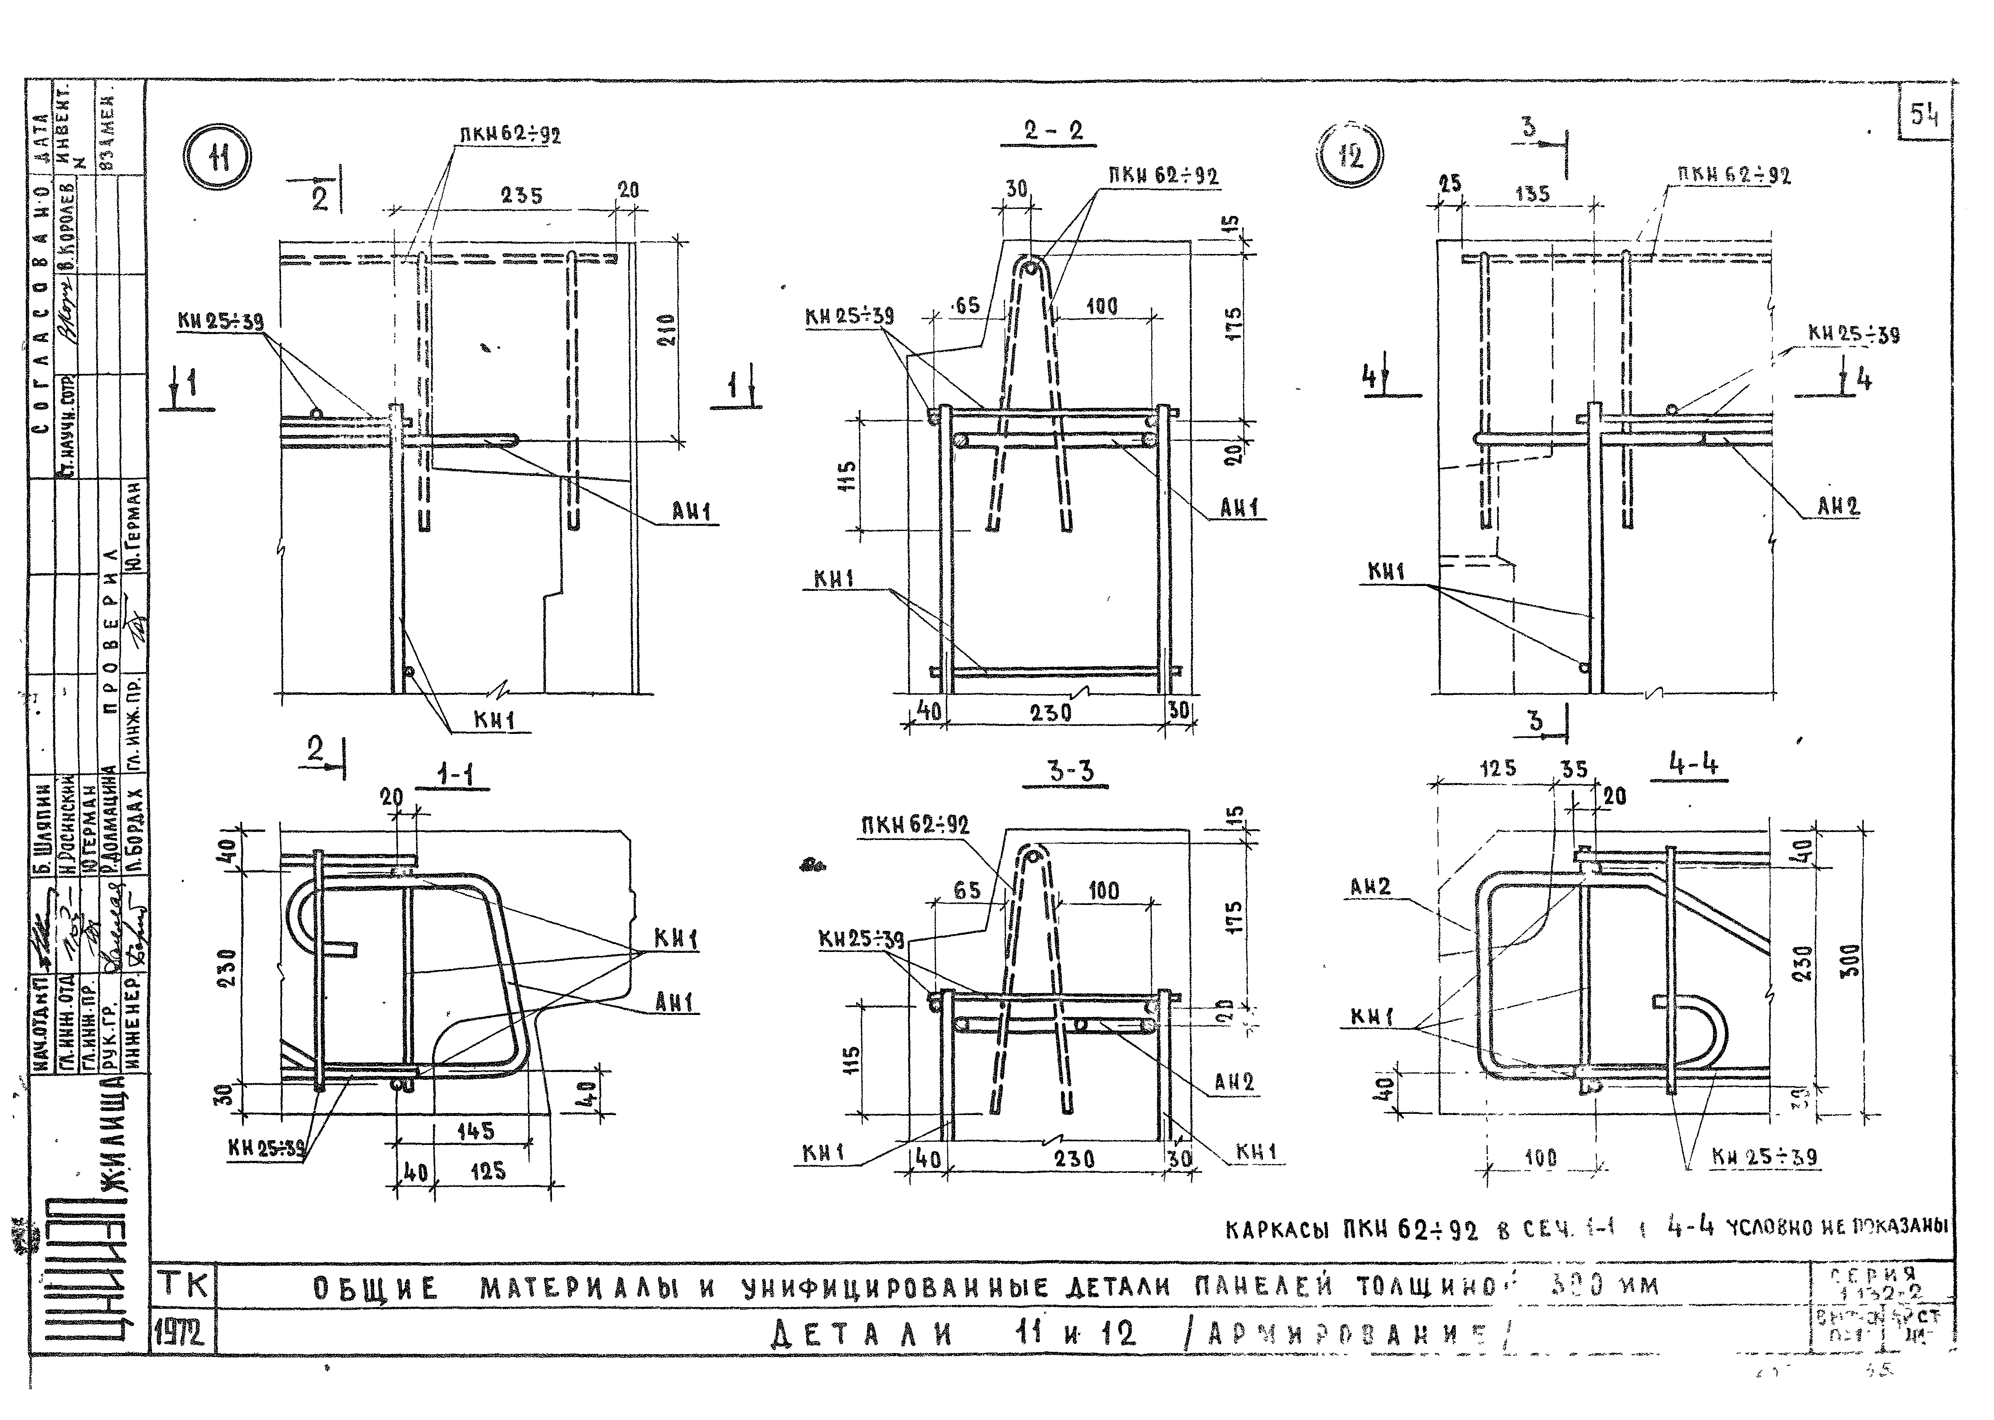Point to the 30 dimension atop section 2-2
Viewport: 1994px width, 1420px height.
tap(1016, 188)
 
